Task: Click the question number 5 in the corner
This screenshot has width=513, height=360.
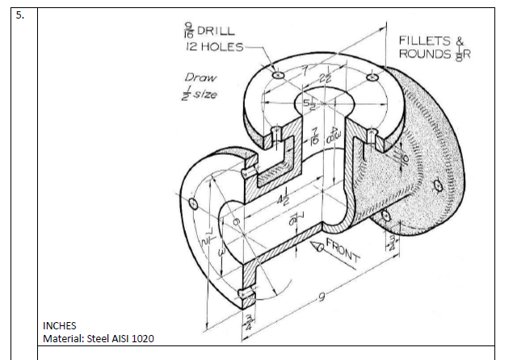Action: coord(23,17)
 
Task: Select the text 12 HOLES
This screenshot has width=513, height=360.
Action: coord(205,48)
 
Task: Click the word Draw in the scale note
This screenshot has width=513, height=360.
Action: coord(200,78)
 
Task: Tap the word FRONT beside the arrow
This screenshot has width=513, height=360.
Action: coord(343,251)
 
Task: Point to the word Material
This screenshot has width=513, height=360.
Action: coord(63,338)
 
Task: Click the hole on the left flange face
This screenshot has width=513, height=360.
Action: coord(194,202)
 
